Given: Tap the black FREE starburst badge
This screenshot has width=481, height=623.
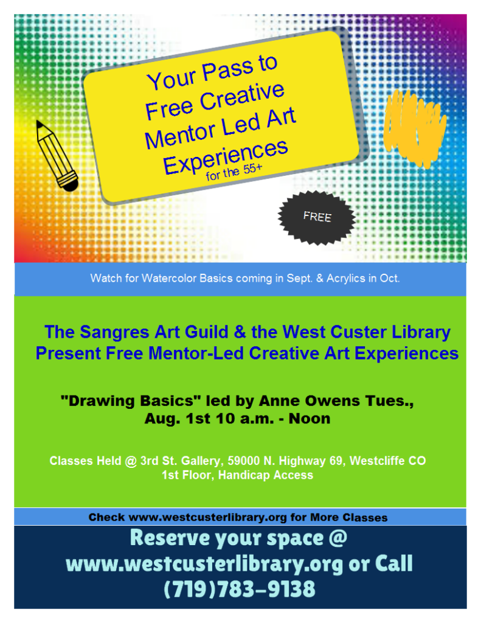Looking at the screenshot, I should pos(317,217).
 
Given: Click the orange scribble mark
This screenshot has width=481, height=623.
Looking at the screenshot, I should pos(416,128).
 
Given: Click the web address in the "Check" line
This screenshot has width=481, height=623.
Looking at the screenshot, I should pos(207,518).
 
